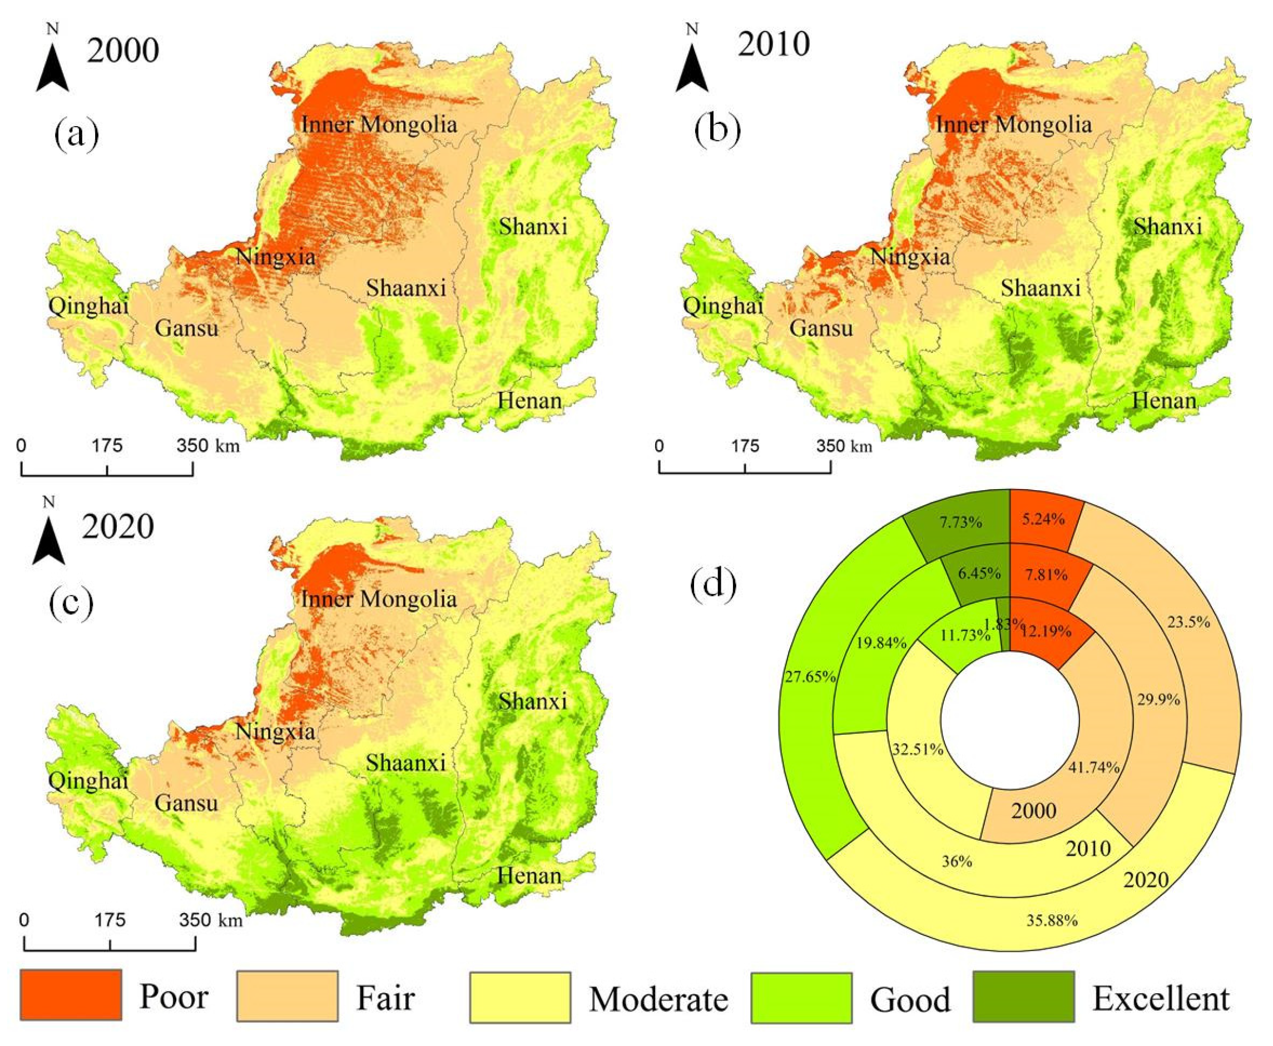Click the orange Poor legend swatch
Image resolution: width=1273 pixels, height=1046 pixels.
(x=71, y=995)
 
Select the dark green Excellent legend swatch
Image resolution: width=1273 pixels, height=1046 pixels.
(x=1023, y=996)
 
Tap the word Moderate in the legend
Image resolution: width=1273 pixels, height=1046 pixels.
(x=658, y=999)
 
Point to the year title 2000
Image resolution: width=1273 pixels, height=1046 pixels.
(x=123, y=51)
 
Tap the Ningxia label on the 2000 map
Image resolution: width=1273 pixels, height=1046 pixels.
(x=275, y=257)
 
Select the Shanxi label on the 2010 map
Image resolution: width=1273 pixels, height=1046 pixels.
(x=1167, y=227)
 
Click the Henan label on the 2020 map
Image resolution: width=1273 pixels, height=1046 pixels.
(x=529, y=875)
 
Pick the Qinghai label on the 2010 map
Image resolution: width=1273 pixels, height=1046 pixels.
(x=722, y=306)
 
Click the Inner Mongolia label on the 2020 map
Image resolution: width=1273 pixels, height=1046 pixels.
(x=379, y=599)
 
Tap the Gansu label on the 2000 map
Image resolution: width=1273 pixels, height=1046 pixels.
(x=186, y=328)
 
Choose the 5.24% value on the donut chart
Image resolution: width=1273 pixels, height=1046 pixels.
(x=1043, y=519)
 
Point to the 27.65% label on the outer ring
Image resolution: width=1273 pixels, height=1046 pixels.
(x=810, y=676)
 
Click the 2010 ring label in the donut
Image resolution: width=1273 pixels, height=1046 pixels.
(x=1088, y=848)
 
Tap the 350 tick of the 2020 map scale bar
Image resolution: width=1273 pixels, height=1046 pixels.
(x=195, y=920)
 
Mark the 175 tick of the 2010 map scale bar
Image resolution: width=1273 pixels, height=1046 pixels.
(x=745, y=446)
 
